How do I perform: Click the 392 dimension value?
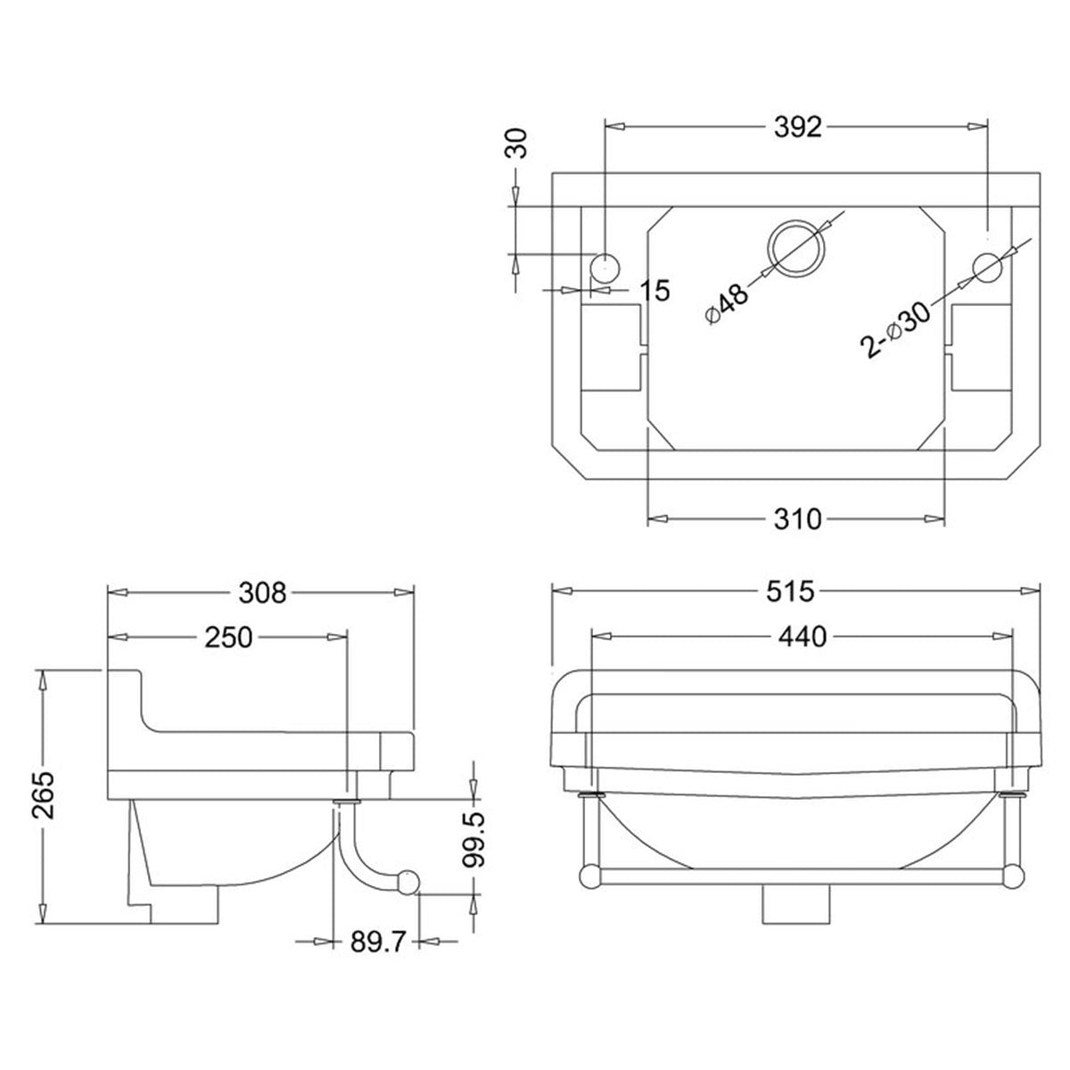point(797,128)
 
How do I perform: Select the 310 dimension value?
point(796,518)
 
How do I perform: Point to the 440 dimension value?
point(802,636)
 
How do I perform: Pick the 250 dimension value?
point(230,636)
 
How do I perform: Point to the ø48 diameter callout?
point(727,304)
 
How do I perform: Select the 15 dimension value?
point(654,290)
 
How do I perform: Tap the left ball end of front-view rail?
point(589,877)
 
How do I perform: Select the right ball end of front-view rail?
point(1010,877)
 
